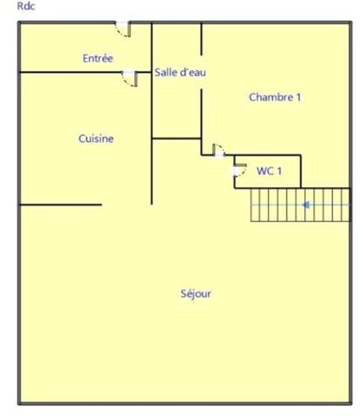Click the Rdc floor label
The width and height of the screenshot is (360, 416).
point(26,6)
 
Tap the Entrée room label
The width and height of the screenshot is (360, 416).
point(98,58)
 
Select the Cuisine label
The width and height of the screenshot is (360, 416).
point(96,139)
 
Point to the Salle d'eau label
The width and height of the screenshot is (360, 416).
point(180,72)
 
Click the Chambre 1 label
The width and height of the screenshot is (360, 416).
point(275,97)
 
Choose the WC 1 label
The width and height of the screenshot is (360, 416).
point(269,171)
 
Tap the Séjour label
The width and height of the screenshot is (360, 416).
point(196,294)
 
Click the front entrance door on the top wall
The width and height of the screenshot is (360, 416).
point(123,29)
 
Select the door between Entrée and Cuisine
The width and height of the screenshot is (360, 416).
point(129,78)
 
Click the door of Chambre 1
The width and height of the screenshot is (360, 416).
point(219,150)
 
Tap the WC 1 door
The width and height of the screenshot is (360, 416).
point(239,170)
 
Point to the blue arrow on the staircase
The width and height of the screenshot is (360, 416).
point(305,205)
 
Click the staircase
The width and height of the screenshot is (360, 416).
point(300,205)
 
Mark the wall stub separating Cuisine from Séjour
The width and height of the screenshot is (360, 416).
point(61,205)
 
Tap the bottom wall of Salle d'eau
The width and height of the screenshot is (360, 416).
point(176,139)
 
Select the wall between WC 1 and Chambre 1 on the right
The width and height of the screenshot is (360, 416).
point(301,172)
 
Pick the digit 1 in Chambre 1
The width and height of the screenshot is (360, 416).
point(298,97)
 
